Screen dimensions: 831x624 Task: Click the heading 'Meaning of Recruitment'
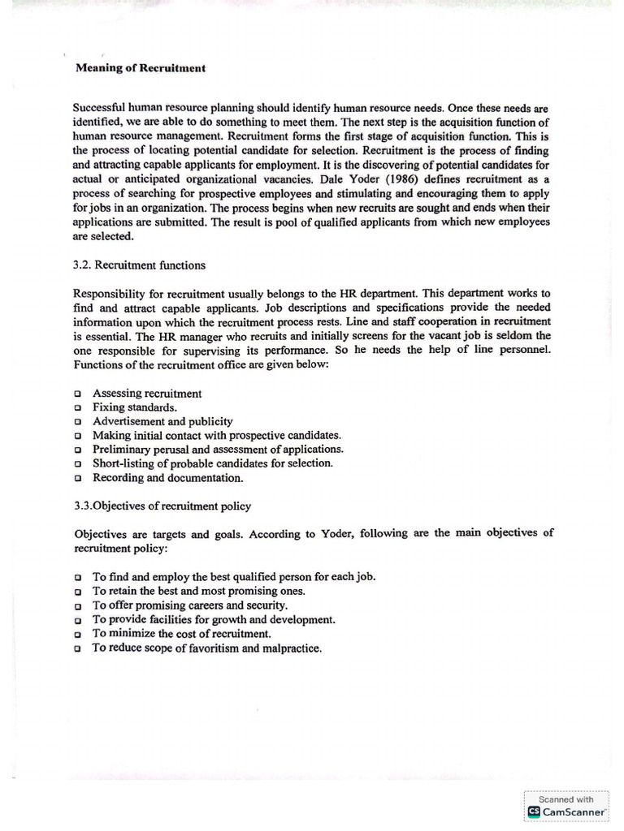(x=141, y=68)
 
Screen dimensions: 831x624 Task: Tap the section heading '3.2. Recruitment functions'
(x=139, y=265)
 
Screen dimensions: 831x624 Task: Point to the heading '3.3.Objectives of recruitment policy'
(x=162, y=506)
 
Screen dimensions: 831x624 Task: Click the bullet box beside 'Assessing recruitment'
(x=77, y=394)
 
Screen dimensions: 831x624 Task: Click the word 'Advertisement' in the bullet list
(x=131, y=421)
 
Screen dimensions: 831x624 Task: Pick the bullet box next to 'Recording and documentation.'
(x=77, y=478)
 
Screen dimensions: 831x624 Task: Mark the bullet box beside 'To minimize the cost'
(x=77, y=634)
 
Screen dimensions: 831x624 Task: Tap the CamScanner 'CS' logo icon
(x=534, y=811)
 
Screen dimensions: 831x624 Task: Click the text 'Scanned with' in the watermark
(x=567, y=799)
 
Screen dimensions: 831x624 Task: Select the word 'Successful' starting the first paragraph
(x=102, y=107)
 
